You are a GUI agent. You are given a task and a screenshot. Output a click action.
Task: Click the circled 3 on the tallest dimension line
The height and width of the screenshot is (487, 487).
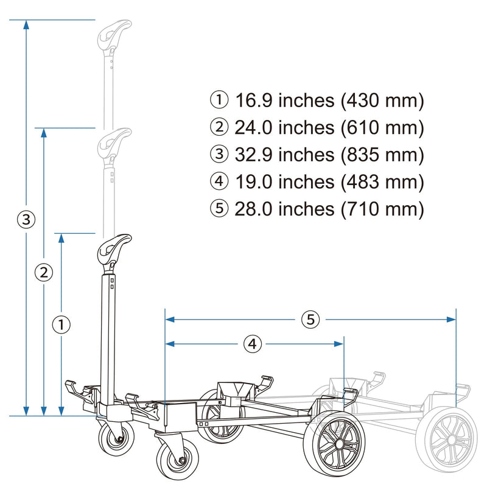(x=25, y=219)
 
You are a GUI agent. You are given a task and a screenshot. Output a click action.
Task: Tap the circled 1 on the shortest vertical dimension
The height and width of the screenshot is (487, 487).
(x=61, y=324)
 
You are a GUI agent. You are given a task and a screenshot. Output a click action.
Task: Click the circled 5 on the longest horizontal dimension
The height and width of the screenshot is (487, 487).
(x=310, y=319)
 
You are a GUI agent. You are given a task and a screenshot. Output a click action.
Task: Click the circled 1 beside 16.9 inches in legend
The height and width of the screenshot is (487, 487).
(x=219, y=100)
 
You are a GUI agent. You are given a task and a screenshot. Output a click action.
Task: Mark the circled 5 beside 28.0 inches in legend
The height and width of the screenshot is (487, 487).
(x=219, y=209)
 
